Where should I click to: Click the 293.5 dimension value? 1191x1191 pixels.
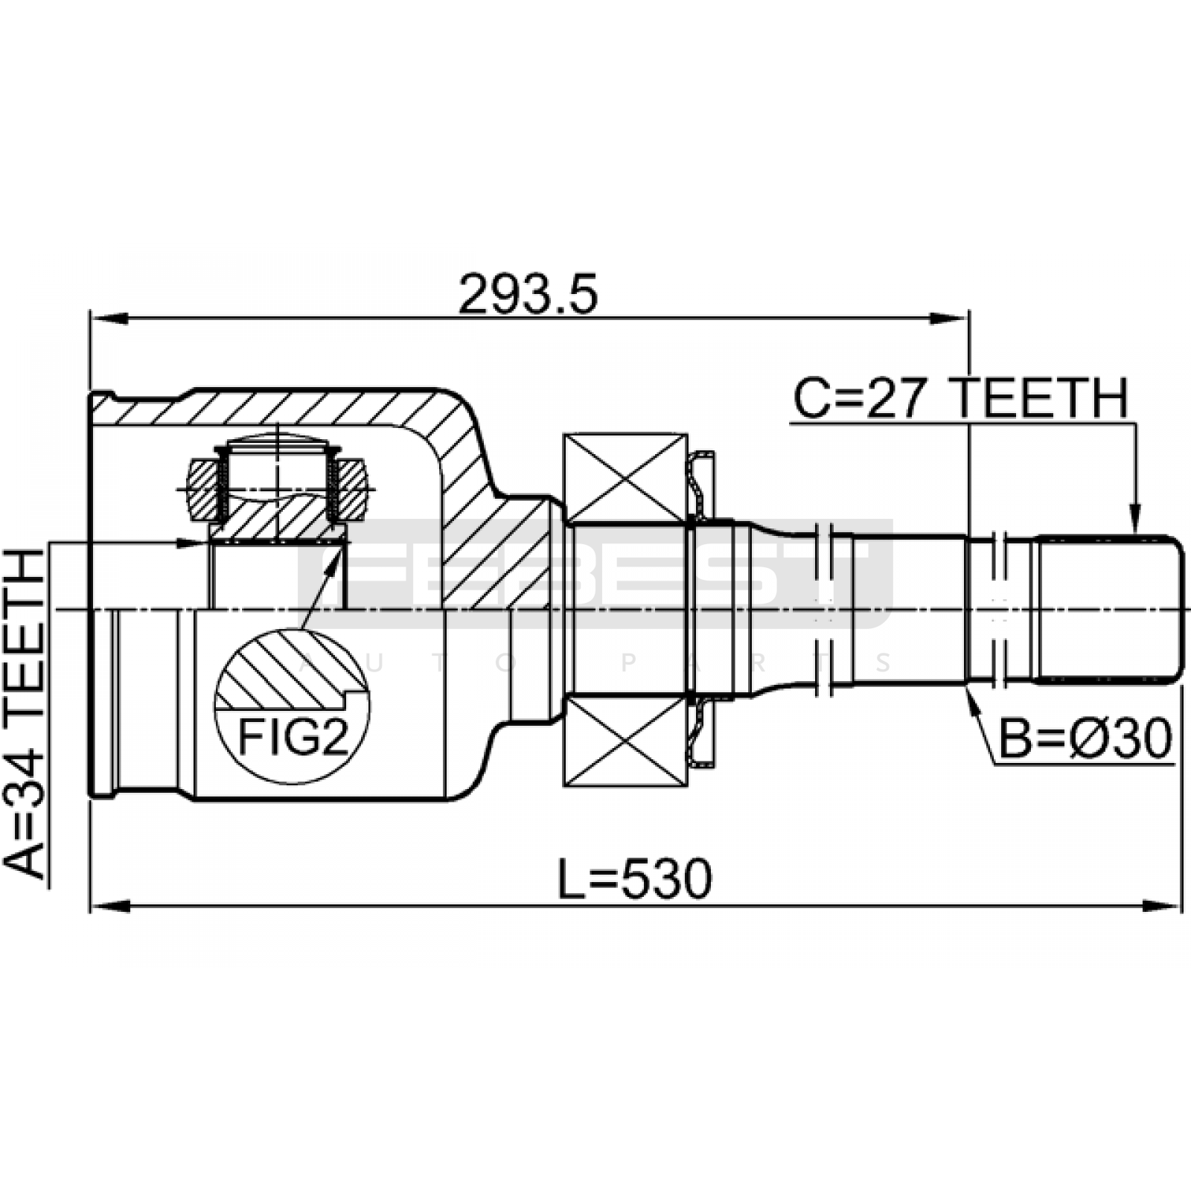click(528, 294)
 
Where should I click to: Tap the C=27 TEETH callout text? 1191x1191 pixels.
click(961, 399)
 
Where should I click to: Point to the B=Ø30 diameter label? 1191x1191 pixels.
click(1085, 741)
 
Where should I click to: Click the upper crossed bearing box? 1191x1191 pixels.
click(625, 477)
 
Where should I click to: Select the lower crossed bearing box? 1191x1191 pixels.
click(625, 741)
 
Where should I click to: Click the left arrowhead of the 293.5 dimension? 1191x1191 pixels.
click(109, 319)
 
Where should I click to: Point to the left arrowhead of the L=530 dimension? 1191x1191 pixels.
click(109, 907)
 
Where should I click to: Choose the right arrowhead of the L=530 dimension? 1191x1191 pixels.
click(1162, 907)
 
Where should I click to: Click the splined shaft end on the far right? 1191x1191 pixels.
click(1107, 609)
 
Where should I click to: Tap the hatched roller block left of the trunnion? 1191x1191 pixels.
click(205, 489)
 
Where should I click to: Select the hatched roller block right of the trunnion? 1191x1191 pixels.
click(348, 489)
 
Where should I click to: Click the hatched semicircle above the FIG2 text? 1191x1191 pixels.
click(292, 670)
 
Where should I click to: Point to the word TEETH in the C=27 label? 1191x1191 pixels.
click(1041, 399)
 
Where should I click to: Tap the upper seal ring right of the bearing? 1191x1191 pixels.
click(702, 485)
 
